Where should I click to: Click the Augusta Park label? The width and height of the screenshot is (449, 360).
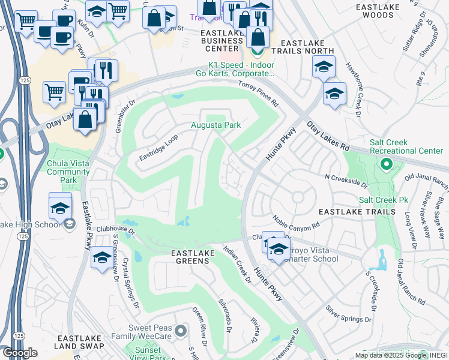point(215,125)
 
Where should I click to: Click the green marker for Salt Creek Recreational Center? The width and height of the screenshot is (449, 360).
point(386,164)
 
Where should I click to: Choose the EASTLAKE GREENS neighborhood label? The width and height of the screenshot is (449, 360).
point(193,254)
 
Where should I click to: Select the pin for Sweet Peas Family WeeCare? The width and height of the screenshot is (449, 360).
point(180,330)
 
